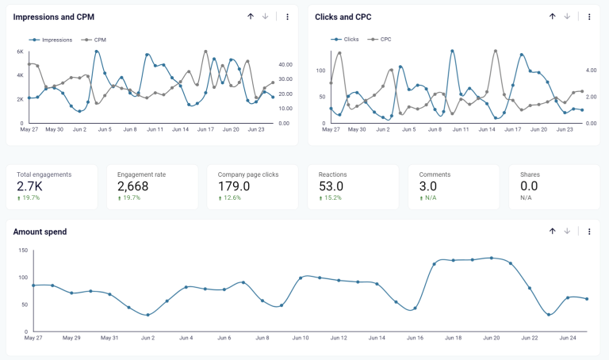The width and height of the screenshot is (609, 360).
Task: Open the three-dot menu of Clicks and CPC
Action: (x=589, y=17)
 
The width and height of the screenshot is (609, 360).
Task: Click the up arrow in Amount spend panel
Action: (x=552, y=231)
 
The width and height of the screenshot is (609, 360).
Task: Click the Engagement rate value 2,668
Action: (x=139, y=186)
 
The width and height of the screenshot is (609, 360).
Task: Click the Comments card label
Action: (x=435, y=174)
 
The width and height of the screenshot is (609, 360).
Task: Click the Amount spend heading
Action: (x=40, y=232)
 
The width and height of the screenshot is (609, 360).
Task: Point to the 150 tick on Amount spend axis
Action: (x=23, y=251)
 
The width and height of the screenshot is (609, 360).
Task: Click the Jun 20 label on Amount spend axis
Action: (x=491, y=339)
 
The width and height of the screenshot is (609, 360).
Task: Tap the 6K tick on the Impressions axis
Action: (x=20, y=52)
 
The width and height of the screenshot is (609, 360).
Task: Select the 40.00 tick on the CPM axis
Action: (x=286, y=64)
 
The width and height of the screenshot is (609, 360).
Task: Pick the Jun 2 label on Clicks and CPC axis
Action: (x=383, y=129)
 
